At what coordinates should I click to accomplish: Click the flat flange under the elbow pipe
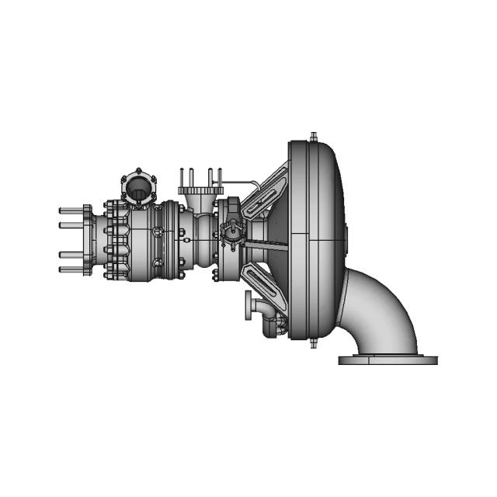tap(388, 360)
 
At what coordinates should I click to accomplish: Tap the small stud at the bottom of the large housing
tap(312, 342)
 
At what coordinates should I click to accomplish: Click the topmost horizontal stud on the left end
tap(70, 210)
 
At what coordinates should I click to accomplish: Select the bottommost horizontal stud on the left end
tap(70, 269)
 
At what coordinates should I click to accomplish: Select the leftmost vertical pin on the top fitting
tap(181, 176)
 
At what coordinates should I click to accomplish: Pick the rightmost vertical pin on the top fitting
tap(220, 176)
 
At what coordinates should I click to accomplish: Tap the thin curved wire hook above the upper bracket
tap(250, 183)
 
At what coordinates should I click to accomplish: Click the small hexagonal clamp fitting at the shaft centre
tap(231, 230)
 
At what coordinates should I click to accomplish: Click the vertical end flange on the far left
tap(86, 240)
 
